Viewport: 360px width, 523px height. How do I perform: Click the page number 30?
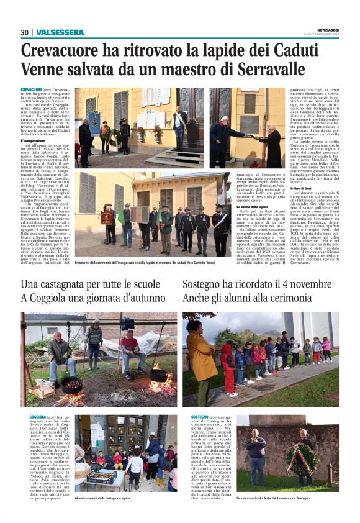(24, 32)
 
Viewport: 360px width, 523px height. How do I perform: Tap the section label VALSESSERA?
(60, 32)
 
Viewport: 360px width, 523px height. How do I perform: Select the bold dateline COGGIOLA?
(37, 417)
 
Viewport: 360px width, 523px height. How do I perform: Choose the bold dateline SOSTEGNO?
(200, 417)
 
